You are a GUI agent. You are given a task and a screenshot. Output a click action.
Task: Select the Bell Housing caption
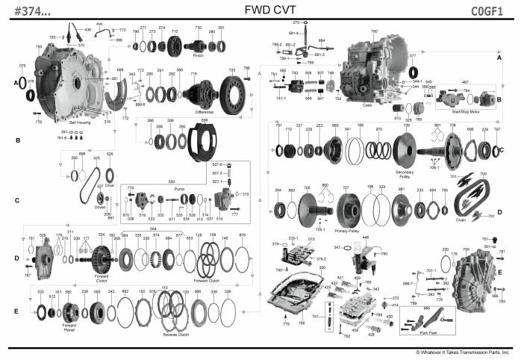pyautogui.click(x=80, y=121)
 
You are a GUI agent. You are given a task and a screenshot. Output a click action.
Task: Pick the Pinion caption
pyautogui.click(x=198, y=55)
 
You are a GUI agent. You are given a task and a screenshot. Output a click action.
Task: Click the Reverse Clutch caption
pyautogui.click(x=176, y=335)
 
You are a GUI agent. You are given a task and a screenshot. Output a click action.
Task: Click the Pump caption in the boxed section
pyautogui.click(x=178, y=190)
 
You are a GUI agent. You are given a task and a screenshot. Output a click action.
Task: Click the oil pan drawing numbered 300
pyautogui.click(x=295, y=299)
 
